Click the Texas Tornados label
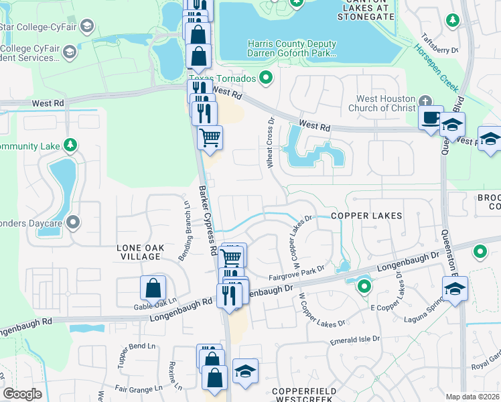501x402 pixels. (229, 78)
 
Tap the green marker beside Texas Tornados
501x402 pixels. (266, 78)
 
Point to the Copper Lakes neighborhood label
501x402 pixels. (367, 216)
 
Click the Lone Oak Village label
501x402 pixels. (139, 252)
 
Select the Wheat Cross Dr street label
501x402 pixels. (271, 143)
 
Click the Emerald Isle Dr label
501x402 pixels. (355, 340)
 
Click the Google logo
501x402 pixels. (22, 394)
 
